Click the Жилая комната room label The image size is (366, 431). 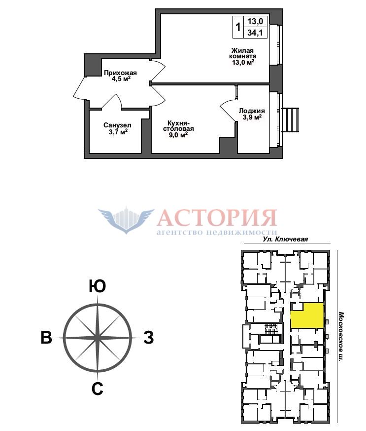(x=243, y=56)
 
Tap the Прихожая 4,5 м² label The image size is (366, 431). (x=120, y=76)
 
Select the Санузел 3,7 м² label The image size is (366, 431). (x=117, y=128)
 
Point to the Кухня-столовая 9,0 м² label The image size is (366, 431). (x=178, y=129)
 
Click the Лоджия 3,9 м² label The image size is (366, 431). (x=252, y=114)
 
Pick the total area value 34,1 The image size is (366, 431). (x=255, y=33)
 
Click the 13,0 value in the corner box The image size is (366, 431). (x=255, y=21)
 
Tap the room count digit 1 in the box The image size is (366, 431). (x=238, y=27)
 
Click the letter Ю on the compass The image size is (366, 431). (x=97, y=286)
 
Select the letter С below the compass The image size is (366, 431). (x=98, y=389)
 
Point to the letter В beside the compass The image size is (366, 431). (x=46, y=337)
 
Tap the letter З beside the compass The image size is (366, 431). (x=149, y=337)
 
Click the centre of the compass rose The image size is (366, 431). (x=98, y=337)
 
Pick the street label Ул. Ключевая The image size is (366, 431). (x=285, y=239)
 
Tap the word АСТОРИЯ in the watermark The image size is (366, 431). (x=217, y=218)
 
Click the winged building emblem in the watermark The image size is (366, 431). (x=127, y=220)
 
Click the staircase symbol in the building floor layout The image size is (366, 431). (x=271, y=329)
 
